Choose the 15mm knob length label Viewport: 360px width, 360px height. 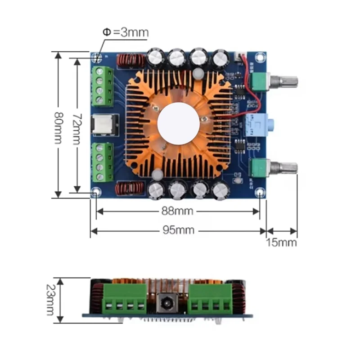point(282,243)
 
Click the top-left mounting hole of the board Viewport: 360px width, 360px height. point(96,58)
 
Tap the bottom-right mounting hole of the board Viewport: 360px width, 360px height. point(260,193)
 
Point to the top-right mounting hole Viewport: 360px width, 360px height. point(260,58)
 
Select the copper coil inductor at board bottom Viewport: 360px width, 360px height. point(130,189)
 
